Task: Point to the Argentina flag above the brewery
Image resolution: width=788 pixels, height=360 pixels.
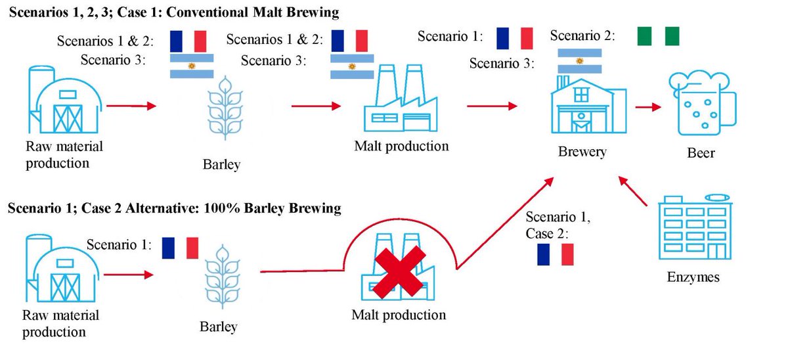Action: (x=579, y=61)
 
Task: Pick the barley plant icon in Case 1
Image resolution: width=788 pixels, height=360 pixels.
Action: (x=223, y=108)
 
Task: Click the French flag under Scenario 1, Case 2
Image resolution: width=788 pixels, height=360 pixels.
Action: (x=556, y=254)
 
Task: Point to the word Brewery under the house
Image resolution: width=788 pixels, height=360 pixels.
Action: (x=580, y=152)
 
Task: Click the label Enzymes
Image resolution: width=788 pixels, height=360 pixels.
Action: (x=694, y=277)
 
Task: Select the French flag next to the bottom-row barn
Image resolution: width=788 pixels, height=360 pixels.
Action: (x=179, y=248)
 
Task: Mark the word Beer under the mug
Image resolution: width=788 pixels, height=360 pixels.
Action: (x=701, y=153)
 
